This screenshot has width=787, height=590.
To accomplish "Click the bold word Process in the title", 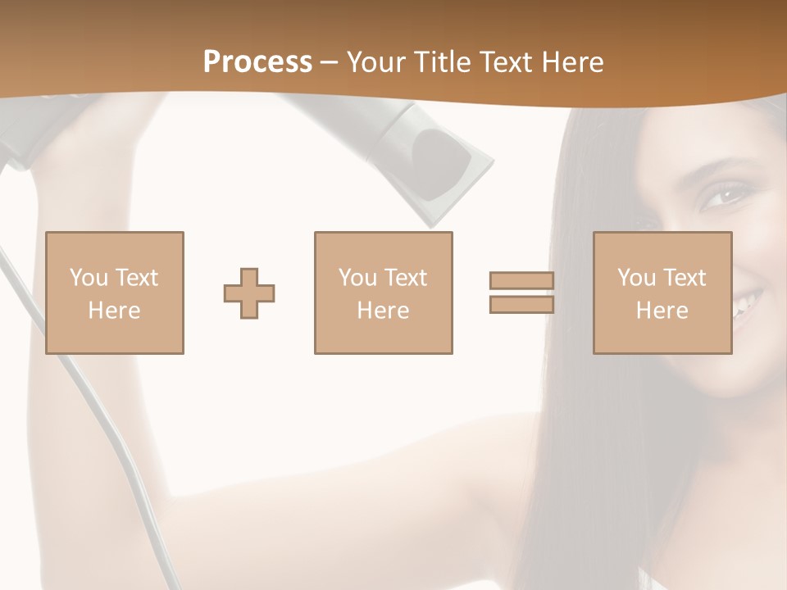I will click(x=257, y=62).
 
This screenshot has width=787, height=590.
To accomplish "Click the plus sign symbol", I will click(x=249, y=293).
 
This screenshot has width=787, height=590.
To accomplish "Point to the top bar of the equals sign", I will click(x=521, y=280).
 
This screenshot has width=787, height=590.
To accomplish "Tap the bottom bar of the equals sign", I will click(x=521, y=305).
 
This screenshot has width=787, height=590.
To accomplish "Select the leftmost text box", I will click(x=115, y=293).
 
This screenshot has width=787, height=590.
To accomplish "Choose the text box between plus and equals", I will click(x=383, y=293).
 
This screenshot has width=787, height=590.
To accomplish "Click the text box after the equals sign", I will click(x=662, y=293).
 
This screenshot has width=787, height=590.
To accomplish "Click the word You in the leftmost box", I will click(x=87, y=278).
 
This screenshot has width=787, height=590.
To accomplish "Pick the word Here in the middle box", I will click(x=383, y=311).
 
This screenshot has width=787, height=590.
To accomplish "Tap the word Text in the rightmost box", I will click(x=685, y=278).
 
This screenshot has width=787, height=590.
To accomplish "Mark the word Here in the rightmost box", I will click(x=662, y=311).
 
